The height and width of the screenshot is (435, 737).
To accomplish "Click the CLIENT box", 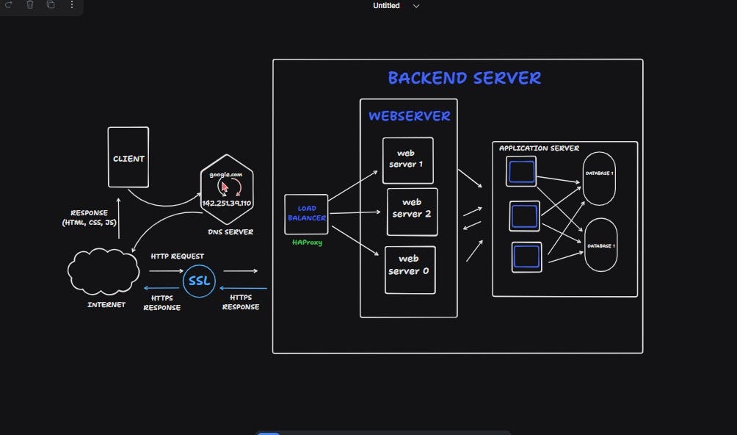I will click(x=128, y=157).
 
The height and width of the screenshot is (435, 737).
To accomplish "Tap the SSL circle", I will click(x=199, y=281).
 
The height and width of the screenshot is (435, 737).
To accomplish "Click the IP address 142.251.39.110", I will click(x=226, y=203).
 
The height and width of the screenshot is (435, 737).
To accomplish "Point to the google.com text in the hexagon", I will click(x=225, y=174).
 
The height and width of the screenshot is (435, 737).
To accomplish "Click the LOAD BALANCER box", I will click(x=306, y=213).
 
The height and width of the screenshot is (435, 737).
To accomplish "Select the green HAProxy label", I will click(x=306, y=242).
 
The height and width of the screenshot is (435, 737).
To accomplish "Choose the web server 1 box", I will click(x=407, y=159).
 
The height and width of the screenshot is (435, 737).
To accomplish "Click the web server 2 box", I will click(x=412, y=209).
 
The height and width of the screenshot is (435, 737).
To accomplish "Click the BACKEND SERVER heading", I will click(x=464, y=78).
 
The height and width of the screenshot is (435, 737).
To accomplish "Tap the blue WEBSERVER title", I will click(x=409, y=116).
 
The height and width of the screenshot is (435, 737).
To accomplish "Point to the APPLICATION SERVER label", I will click(x=539, y=148).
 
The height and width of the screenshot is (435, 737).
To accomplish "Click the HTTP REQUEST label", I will click(x=177, y=256).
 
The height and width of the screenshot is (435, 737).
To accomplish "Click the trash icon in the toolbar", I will click(x=30, y=5).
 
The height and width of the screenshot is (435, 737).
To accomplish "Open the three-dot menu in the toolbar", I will click(x=71, y=5).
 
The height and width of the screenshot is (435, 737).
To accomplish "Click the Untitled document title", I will click(x=386, y=6).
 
